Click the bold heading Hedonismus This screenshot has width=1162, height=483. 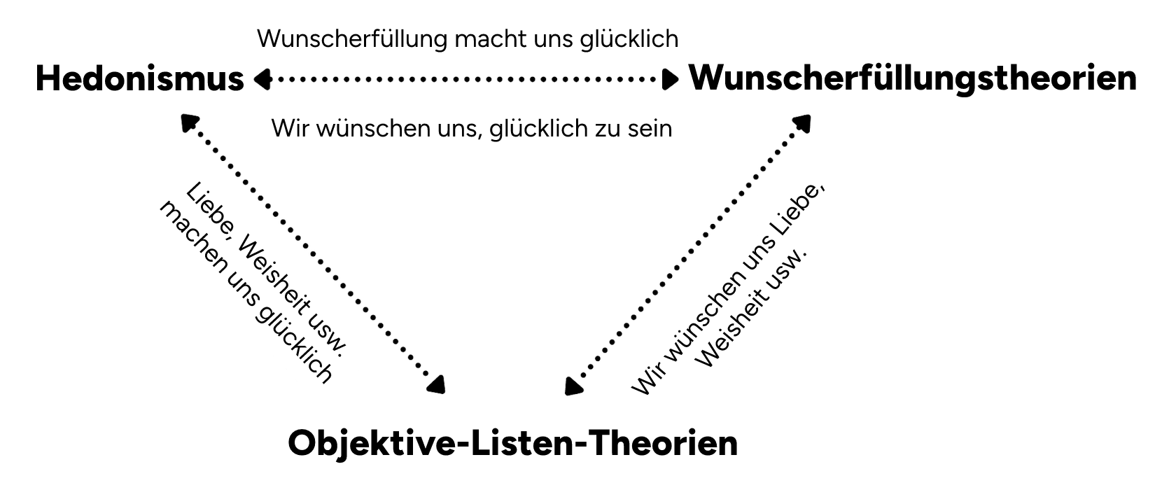[139, 78]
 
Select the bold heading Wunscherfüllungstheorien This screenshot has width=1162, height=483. [913, 78]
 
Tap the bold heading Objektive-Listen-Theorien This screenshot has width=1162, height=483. [512, 443]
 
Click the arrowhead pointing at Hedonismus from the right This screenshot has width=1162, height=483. [262, 80]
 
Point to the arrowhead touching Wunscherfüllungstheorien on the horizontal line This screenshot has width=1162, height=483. [671, 80]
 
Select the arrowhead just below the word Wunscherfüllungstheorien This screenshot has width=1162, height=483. [802, 123]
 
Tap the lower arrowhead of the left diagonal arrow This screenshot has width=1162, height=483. [437, 384]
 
